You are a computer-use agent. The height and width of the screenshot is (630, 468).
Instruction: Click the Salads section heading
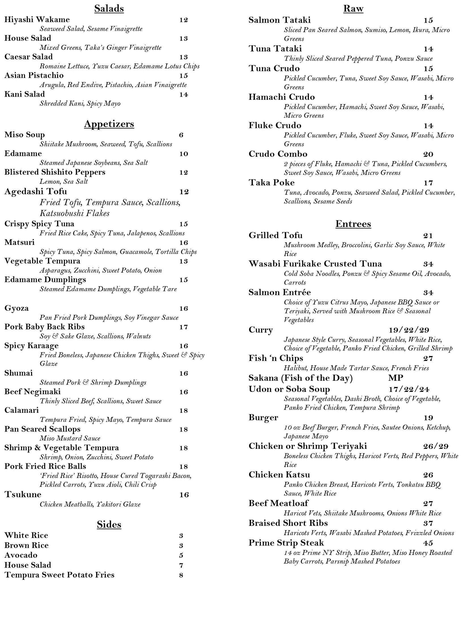[109, 9]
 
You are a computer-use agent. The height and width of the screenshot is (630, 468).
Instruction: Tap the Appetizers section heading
[109, 124]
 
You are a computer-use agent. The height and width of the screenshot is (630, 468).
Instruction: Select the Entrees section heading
[353, 224]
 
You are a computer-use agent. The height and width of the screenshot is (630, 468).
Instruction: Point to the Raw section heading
[353, 9]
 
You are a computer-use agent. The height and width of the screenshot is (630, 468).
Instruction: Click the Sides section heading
[109, 525]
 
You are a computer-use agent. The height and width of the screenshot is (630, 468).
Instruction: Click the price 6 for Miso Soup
[181, 135]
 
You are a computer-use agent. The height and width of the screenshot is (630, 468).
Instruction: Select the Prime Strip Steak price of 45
[428, 543]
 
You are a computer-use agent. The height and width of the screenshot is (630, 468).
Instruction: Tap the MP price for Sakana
[396, 378]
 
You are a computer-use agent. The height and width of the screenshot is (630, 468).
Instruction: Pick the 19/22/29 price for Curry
[409, 330]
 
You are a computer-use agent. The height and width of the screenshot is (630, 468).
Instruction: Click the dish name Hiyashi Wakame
[37, 20]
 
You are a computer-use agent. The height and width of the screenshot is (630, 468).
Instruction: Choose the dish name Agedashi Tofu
[36, 192]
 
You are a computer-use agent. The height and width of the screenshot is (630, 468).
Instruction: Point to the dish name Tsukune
[23, 494]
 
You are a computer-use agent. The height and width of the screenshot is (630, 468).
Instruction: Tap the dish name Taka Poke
[271, 183]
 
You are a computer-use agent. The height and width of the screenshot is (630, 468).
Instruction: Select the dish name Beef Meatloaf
[278, 503]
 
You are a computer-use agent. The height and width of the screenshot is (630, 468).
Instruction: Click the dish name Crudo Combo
[278, 154]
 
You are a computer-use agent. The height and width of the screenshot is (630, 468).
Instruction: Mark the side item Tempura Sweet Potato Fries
[60, 575]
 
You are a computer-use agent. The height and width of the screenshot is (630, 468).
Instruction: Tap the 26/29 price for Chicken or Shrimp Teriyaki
[436, 447]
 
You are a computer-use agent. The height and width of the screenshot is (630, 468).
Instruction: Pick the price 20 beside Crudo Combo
[428, 154]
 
